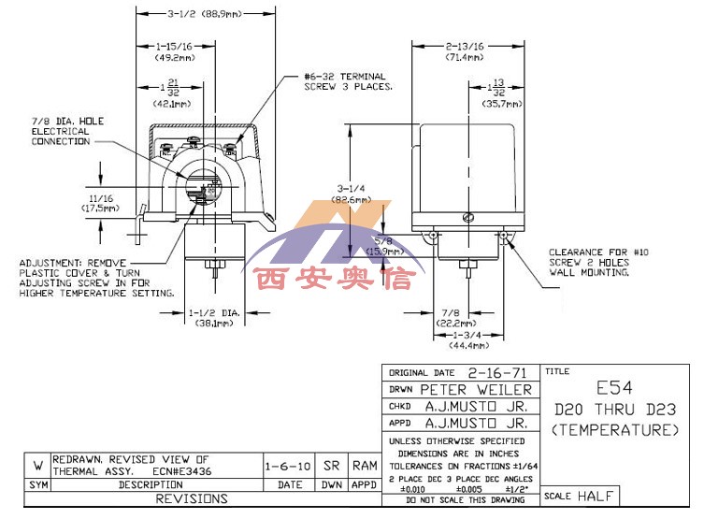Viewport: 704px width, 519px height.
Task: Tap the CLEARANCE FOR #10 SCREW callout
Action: tap(589, 263)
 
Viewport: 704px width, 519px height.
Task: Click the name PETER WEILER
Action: tap(476, 389)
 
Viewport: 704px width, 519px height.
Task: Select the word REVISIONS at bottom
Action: tap(190, 499)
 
